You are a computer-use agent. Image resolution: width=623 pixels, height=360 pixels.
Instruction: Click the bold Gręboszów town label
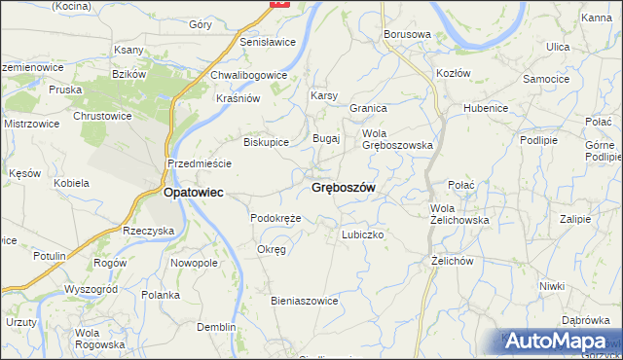(344, 187)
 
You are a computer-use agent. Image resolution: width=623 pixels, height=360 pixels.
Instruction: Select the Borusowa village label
(407, 34)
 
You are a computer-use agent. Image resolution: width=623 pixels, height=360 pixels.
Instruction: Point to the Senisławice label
(268, 43)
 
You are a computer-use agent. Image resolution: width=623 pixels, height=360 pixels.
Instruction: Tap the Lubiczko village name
(364, 234)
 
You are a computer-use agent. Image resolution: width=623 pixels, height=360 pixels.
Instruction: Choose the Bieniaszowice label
(304, 301)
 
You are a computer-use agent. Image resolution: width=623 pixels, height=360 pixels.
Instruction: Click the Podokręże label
(275, 218)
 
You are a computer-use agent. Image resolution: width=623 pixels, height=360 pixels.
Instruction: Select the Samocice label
(546, 78)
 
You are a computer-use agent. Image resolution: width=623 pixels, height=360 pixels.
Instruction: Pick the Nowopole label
(194, 264)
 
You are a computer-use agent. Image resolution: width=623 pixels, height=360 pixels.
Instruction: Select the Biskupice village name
(266, 141)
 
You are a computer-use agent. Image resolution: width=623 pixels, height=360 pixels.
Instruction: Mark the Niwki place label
(552, 285)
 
